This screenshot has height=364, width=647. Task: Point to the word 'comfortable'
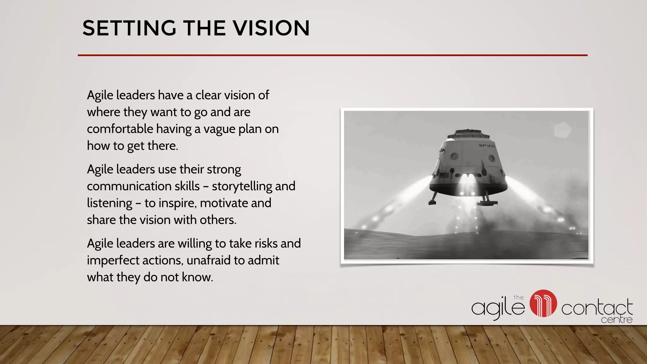(x=120, y=129)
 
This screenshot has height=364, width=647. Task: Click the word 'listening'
(x=109, y=203)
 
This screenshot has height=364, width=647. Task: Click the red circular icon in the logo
(x=543, y=303)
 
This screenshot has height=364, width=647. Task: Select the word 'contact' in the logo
(x=596, y=308)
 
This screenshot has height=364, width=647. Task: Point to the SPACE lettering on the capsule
(x=487, y=146)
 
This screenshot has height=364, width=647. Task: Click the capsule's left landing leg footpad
(x=433, y=201)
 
